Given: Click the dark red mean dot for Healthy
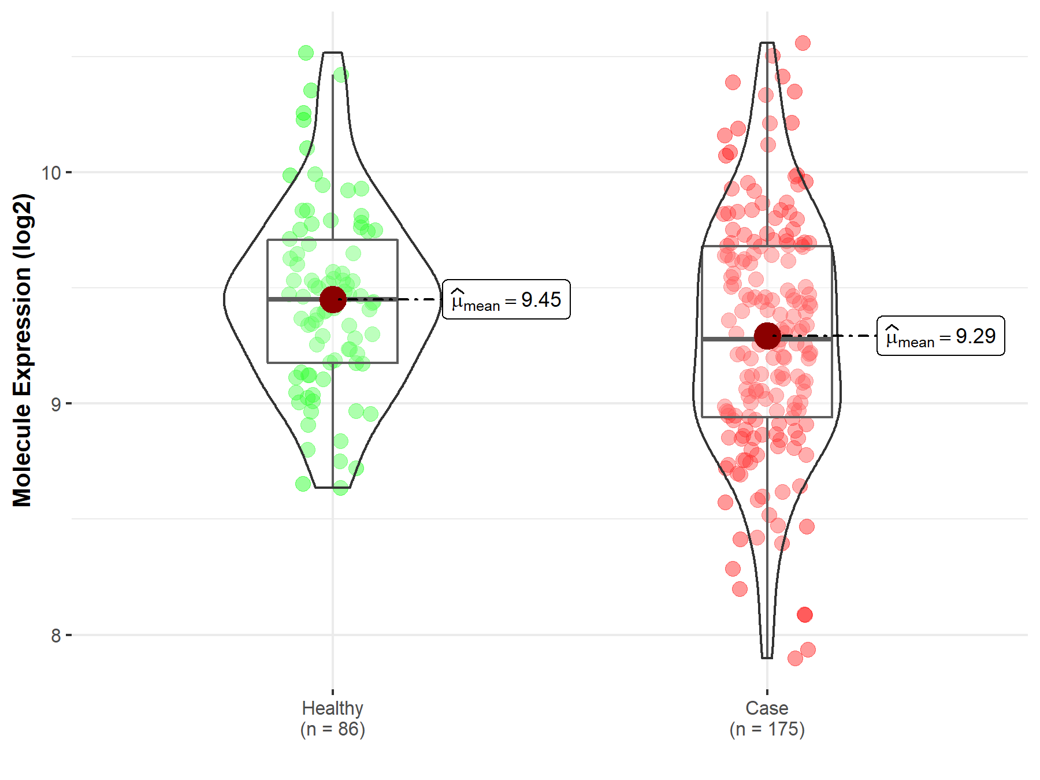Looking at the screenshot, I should (333, 299).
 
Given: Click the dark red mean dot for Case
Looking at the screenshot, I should (767, 336).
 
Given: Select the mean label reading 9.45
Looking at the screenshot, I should (506, 299).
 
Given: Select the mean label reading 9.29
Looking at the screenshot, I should (941, 336).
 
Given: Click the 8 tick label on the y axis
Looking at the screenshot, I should (55, 636).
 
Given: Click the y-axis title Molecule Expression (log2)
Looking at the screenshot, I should (22, 350).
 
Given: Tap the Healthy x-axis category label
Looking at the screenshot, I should (333, 708).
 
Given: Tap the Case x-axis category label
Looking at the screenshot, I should (767, 708).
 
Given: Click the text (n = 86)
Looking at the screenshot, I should (333, 729).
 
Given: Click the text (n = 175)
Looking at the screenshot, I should (767, 729).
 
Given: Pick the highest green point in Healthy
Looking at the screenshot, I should (306, 53).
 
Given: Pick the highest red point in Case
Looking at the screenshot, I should (803, 43).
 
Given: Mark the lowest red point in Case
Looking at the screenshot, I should (795, 658).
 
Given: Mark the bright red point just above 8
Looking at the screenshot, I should (805, 615).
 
